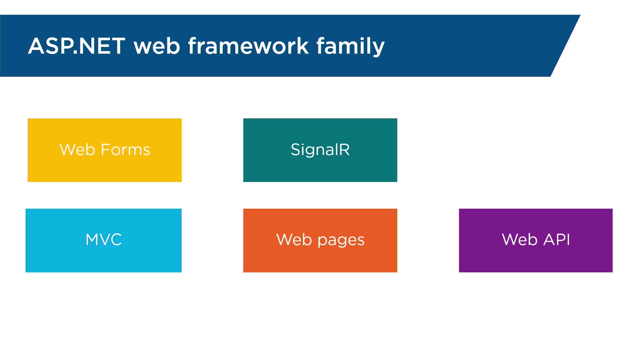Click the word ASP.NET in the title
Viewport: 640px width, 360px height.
[77, 46]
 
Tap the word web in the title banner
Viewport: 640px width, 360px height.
[157, 46]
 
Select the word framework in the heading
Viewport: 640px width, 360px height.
[248, 46]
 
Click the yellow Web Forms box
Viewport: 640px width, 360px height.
[105, 150]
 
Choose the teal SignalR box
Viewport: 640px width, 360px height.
[320, 150]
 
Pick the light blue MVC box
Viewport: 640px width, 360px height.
[104, 240]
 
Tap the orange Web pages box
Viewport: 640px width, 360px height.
[320, 240]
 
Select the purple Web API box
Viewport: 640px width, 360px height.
[536, 240]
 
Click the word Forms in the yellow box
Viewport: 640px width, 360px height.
[126, 149]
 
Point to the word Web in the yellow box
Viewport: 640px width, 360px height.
[77, 149]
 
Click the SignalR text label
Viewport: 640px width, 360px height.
[320, 150]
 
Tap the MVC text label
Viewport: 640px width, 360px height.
[104, 239]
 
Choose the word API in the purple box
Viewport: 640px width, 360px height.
[557, 239]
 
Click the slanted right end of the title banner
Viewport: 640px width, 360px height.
[566, 46]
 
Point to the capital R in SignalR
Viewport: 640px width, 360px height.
[344, 149]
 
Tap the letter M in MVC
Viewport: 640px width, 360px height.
[92, 239]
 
